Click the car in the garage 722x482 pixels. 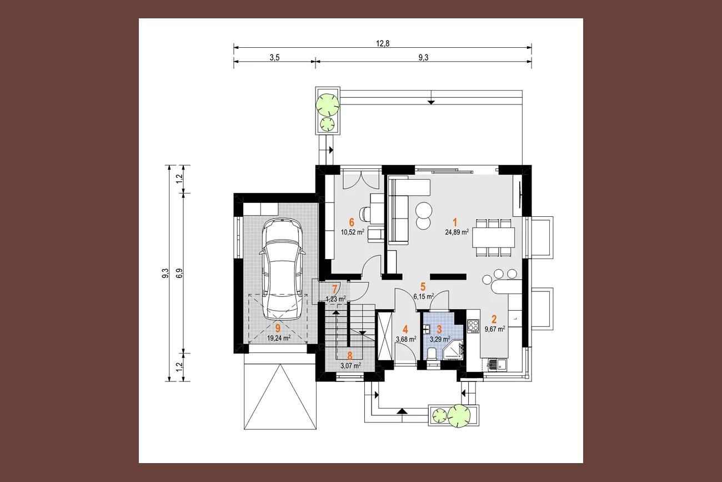(x=282, y=269)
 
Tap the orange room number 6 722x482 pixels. (x=352, y=222)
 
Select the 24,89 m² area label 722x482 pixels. (x=457, y=232)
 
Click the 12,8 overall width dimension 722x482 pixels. (x=383, y=43)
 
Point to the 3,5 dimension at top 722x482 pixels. (x=274, y=57)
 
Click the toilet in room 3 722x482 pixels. (x=432, y=354)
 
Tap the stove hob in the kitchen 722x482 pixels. (x=473, y=326)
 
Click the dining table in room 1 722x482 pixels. (x=494, y=238)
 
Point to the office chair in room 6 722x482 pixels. (x=366, y=214)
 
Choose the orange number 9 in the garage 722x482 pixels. (x=278, y=329)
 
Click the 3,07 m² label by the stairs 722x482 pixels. (x=350, y=366)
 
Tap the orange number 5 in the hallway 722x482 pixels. (x=423, y=286)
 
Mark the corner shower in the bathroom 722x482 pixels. (x=454, y=350)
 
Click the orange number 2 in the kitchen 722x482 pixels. (x=494, y=320)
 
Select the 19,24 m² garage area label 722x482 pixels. (x=279, y=338)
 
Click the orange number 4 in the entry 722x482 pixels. (x=405, y=330)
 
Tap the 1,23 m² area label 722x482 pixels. (x=336, y=299)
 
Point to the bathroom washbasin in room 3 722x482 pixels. (x=427, y=329)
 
